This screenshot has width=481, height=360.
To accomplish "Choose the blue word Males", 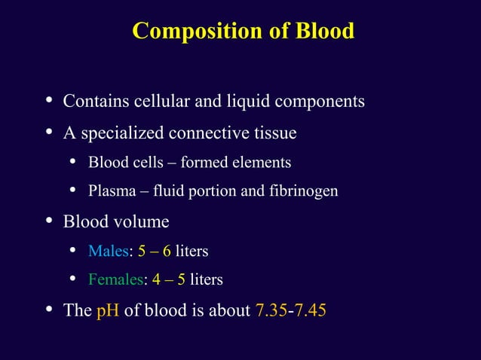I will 109,251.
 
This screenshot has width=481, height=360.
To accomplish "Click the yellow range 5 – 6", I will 155,251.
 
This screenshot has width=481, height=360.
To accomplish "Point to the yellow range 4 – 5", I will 169,280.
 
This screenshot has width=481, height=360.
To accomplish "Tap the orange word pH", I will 108,310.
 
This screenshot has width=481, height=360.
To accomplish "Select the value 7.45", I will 310,310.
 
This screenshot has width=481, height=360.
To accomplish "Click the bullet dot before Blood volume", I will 49,221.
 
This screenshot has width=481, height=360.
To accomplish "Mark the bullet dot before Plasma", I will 74,191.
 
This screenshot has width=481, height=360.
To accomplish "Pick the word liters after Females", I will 207,280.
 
